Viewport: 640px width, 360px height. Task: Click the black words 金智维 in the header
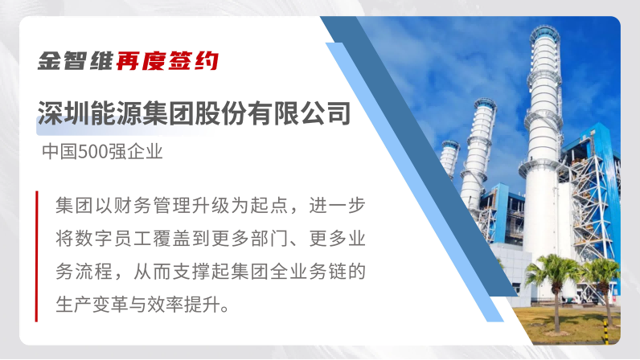[x=75, y=61]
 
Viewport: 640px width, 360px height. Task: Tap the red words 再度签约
[x=167, y=61]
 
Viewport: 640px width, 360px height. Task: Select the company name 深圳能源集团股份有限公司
[x=195, y=113]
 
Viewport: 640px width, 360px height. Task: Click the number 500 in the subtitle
[x=91, y=151]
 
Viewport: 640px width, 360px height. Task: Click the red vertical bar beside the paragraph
[x=37, y=256]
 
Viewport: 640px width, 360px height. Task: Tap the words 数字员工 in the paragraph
[x=104, y=239]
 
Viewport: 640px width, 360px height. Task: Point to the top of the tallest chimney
[x=545, y=30]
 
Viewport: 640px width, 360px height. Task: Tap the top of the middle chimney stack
[x=485, y=102]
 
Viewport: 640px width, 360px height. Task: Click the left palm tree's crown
[x=554, y=268]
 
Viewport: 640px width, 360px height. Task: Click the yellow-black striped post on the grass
[x=605, y=331]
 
